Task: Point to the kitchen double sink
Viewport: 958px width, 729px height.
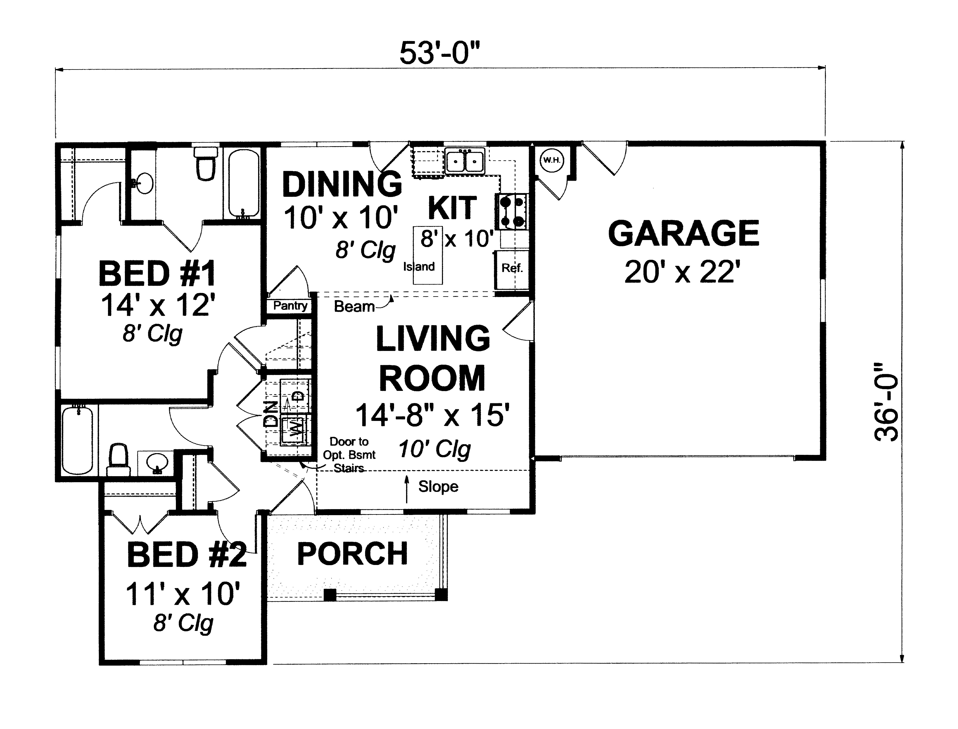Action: point(464,161)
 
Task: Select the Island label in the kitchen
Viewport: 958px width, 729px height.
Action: point(419,266)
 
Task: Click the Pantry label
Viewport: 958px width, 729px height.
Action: point(290,306)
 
